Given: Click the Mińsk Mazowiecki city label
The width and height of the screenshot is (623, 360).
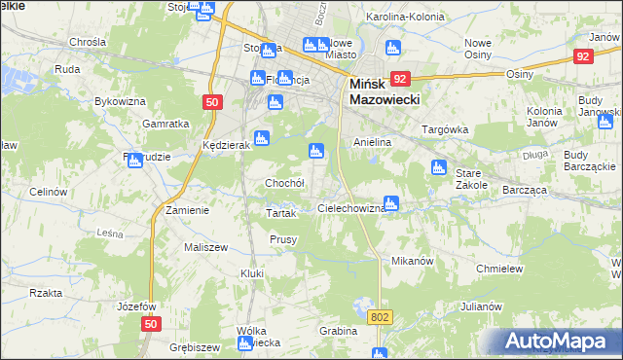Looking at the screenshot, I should pos(384,92).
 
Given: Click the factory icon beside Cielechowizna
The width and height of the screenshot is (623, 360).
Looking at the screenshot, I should pos(391,203).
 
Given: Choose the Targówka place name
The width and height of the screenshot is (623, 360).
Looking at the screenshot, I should pos(444,129).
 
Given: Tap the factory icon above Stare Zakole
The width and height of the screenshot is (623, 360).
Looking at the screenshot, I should pos(439,167).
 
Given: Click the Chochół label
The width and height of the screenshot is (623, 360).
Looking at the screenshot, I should pos(285,183).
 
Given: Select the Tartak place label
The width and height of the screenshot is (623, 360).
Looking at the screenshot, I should pos(280,212).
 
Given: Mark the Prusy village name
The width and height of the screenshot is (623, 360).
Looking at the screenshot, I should pos(283,239).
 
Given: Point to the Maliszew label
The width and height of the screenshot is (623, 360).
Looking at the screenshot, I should pos(205,247).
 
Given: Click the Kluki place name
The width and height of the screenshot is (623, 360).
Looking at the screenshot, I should pos(252,273).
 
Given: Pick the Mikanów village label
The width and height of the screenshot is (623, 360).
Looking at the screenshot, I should pos(411,262).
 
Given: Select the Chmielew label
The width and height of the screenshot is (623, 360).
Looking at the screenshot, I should pos(500,269).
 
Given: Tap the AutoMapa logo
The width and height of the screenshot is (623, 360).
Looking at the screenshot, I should pos(559,342).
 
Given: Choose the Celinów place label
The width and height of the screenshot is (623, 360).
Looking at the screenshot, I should pos(46,192).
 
